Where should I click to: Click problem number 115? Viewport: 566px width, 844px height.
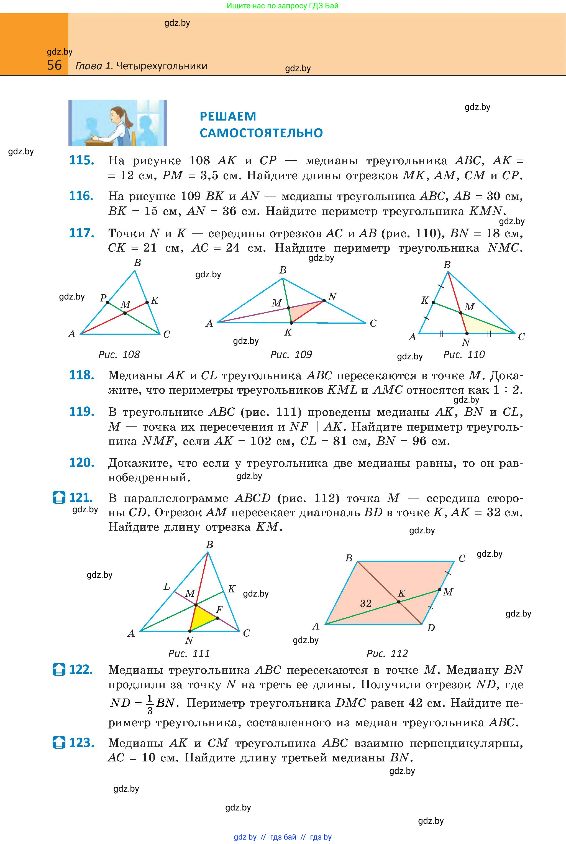81,160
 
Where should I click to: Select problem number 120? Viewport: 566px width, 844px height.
81,462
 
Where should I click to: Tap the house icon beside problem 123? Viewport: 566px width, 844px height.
59,743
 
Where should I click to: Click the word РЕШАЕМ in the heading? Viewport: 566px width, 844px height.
228,116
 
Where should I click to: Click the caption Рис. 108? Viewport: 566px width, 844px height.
119,354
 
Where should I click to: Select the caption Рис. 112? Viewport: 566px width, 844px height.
387,653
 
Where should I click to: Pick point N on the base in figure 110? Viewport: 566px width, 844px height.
466,334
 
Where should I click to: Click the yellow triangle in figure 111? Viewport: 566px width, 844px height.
201,619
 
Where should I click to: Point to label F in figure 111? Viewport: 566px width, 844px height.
219,610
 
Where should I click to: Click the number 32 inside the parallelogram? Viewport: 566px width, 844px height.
366,603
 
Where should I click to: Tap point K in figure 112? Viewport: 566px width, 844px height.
399,602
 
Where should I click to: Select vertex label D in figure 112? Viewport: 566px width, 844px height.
431,628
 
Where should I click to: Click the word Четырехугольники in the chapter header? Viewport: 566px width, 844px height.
162,66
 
